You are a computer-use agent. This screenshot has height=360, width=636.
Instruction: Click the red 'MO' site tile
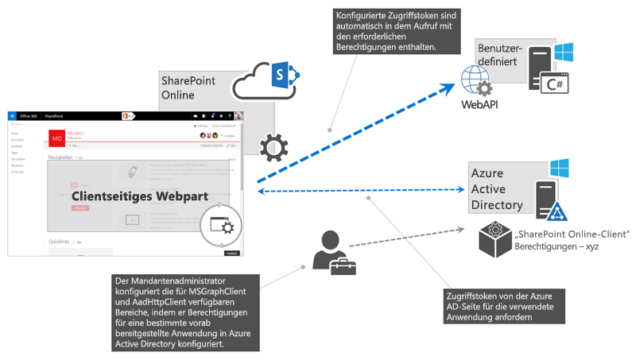57,138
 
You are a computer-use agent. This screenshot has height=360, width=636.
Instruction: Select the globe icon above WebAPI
475,80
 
